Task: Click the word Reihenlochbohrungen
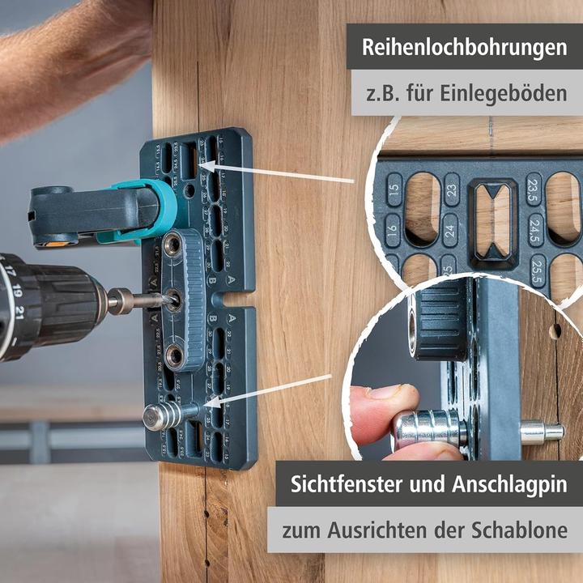(x=464, y=46)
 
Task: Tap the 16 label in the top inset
(x=394, y=230)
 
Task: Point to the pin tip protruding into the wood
(x=543, y=432)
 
